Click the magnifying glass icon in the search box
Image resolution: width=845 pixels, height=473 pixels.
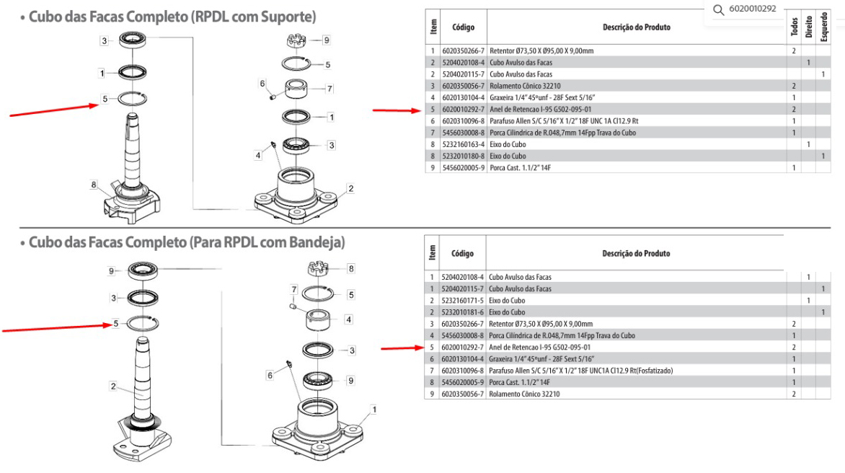pyautogui.click(x=717, y=9)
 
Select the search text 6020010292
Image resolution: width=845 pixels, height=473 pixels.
pyautogui.click(x=753, y=9)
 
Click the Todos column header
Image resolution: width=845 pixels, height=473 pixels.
pyautogui.click(x=794, y=28)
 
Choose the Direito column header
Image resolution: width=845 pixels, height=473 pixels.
pyautogui.click(x=808, y=28)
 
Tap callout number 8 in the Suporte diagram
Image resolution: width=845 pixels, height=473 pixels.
pyautogui.click(x=94, y=185)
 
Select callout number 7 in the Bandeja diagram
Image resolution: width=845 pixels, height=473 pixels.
pyautogui.click(x=293, y=289)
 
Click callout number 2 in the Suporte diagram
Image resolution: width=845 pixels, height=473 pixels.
pyautogui.click(x=350, y=189)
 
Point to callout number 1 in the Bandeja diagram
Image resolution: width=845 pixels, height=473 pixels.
pyautogui.click(x=373, y=409)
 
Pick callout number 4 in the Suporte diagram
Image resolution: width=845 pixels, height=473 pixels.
pyautogui.click(x=257, y=156)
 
